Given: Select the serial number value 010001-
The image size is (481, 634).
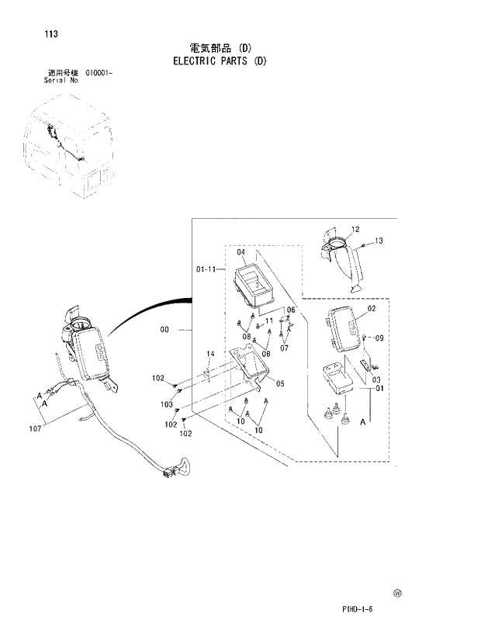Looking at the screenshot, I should (x=94, y=73).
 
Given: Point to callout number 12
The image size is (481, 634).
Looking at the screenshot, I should (x=355, y=229).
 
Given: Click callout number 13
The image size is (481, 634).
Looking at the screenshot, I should (x=379, y=241).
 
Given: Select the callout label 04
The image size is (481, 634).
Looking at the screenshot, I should (x=240, y=253).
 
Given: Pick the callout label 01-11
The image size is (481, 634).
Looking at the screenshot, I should (x=206, y=269).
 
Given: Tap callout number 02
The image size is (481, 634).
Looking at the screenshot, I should (x=372, y=308).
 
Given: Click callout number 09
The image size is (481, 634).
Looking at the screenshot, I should (x=379, y=338).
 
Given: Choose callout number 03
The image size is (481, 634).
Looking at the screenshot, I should (x=377, y=379).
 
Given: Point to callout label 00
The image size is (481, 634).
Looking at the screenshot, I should (x=164, y=330).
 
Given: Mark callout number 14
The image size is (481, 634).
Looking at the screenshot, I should (x=209, y=354).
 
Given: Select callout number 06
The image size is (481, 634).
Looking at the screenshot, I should (x=291, y=310).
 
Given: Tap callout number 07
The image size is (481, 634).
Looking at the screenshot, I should (x=284, y=348).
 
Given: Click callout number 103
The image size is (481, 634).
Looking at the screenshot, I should (x=167, y=404).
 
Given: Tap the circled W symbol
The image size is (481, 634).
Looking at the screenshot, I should (x=397, y=593).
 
